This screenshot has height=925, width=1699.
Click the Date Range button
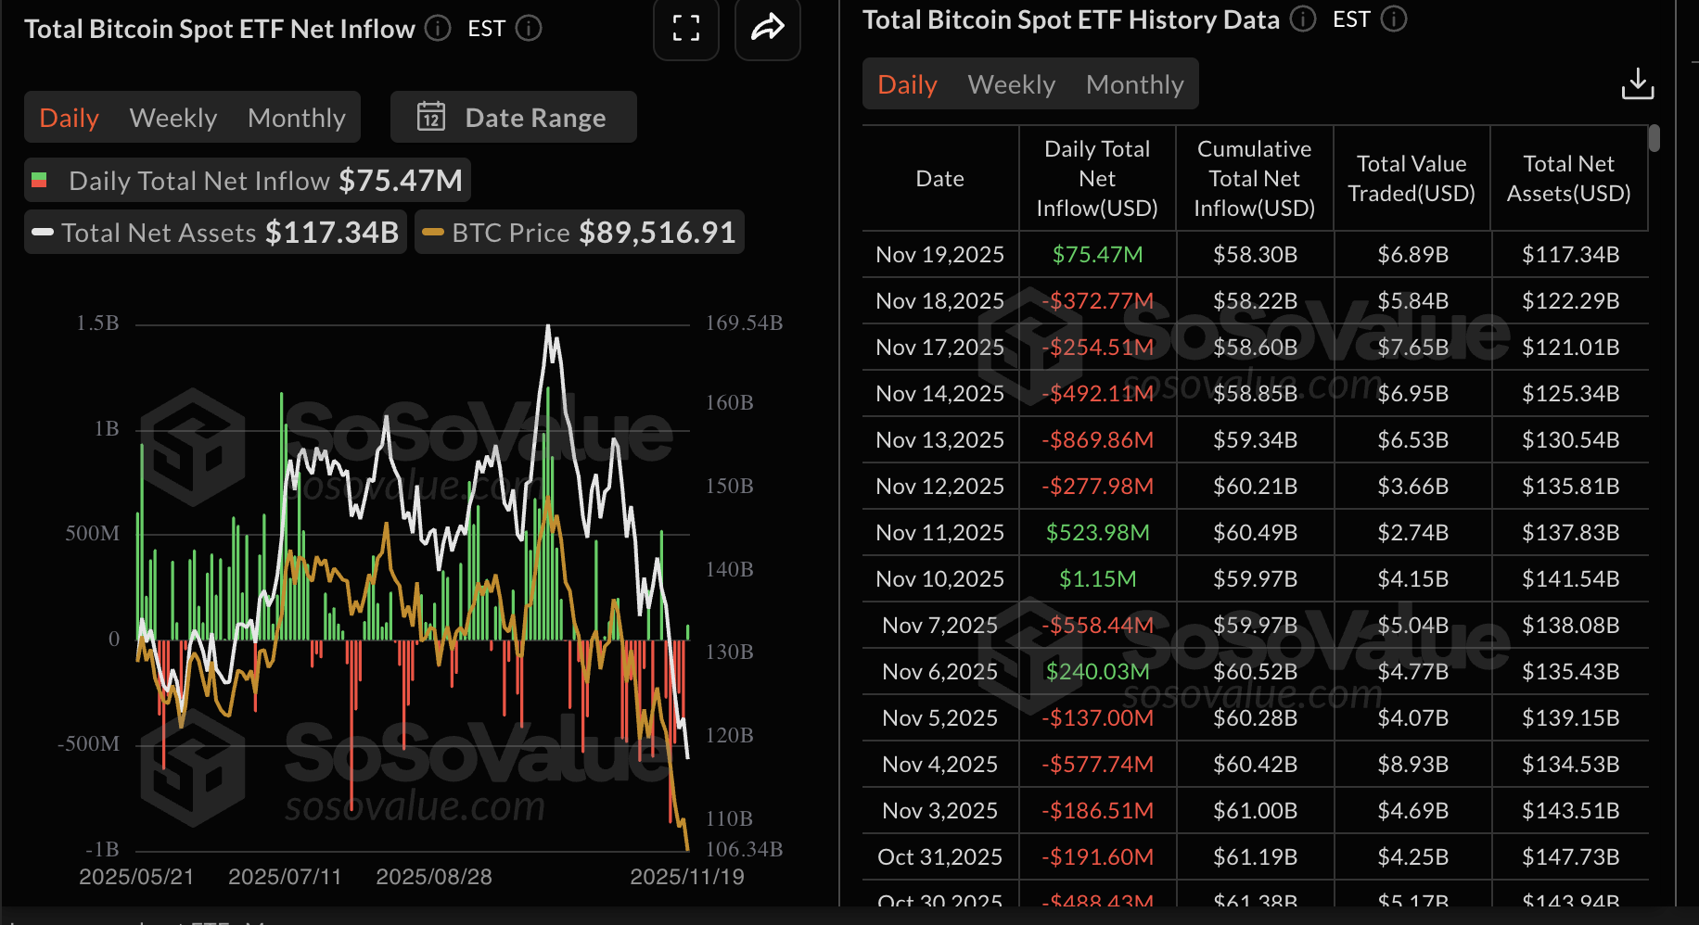pyautogui.click(x=514, y=118)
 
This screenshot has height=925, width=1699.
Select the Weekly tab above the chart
pyautogui.click(x=173, y=118)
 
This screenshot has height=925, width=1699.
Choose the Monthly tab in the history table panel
pyautogui.click(x=1134, y=84)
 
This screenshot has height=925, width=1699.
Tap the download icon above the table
pyautogui.click(x=1637, y=83)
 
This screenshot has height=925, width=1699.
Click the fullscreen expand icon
pyautogui.click(x=685, y=29)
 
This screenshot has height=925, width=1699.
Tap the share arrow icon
pyautogui.click(x=767, y=29)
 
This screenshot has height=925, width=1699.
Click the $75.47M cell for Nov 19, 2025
pyautogui.click(x=1097, y=254)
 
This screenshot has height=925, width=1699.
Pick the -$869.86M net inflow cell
pyautogui.click(x=1097, y=439)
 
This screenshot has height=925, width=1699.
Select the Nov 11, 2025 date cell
pyautogui.click(x=939, y=532)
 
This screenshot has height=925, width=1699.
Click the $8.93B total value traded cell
pyautogui.click(x=1412, y=764)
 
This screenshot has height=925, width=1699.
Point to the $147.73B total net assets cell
pyautogui.click(x=1570, y=856)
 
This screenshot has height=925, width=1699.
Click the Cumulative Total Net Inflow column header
pyautogui.click(x=1254, y=178)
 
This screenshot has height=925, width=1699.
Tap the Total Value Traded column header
pyautogui.click(x=1412, y=178)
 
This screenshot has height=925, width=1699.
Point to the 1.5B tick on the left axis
pyautogui.click(x=97, y=323)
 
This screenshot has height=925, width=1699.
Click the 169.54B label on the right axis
pyautogui.click(x=744, y=323)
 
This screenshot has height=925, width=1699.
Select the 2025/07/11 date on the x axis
pyautogui.click(x=285, y=877)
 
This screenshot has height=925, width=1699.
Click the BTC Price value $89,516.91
pyautogui.click(x=657, y=233)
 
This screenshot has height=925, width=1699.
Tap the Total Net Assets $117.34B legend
pyautogui.click(x=216, y=233)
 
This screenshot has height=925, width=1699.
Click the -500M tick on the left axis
pyautogui.click(x=89, y=744)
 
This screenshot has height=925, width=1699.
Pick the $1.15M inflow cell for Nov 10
pyautogui.click(x=1097, y=578)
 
